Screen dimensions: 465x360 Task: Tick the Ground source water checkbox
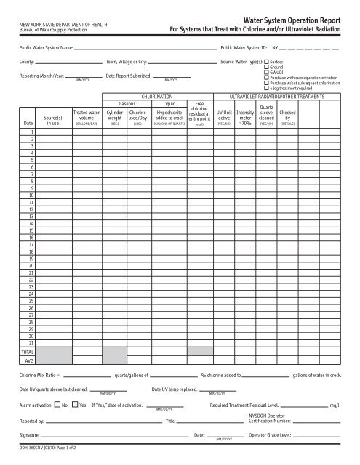[266, 68]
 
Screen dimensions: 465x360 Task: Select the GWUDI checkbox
[266, 73]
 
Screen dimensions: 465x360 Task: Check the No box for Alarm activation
[57, 405]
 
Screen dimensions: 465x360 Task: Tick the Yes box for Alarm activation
[74, 405]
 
